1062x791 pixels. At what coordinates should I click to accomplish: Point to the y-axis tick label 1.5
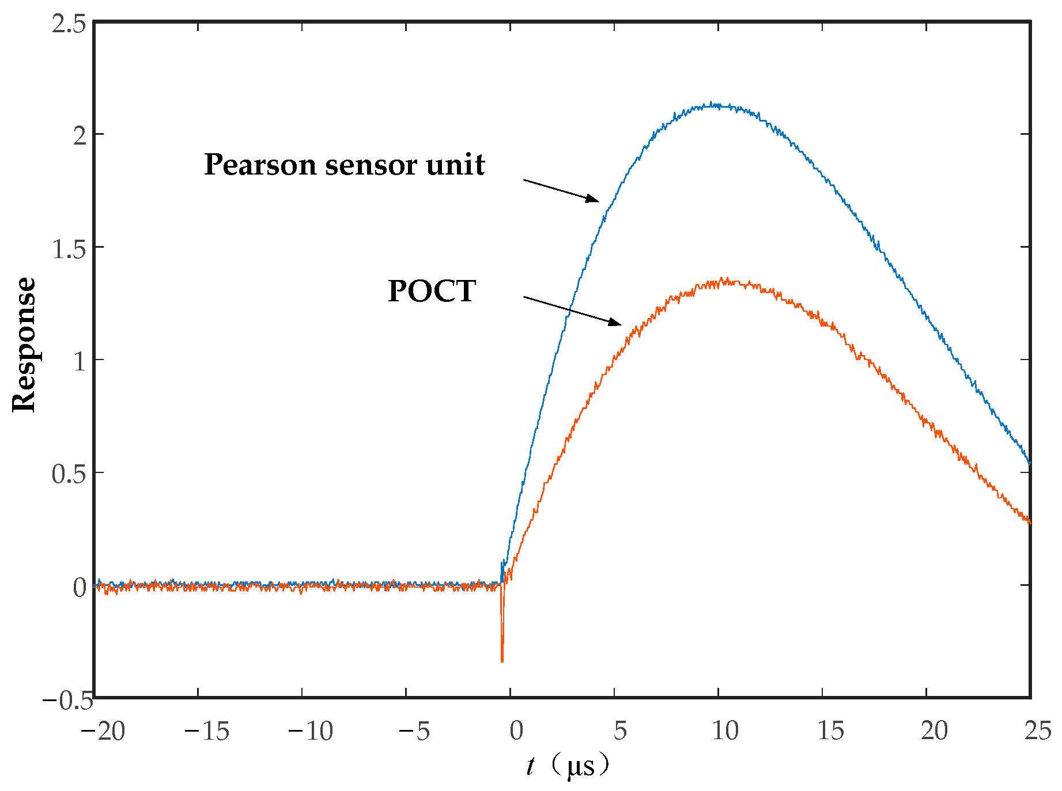point(69,249)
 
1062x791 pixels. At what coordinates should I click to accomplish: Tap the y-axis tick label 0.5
point(69,475)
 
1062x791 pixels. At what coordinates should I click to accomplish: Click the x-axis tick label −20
point(103,731)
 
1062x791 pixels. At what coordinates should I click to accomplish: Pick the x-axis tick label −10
point(311,731)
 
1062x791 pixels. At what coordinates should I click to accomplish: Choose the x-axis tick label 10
point(724,731)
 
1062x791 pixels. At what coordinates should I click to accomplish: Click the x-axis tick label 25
point(1037,731)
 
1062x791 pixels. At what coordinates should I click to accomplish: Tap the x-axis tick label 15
point(830,731)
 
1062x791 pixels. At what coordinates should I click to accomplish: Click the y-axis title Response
point(24,345)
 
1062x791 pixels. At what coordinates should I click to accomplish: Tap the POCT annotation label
point(432,291)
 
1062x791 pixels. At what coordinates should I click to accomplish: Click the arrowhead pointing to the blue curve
point(594,199)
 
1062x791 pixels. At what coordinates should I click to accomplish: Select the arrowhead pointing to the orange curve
point(616,323)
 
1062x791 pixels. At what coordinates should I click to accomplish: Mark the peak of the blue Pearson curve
point(712,104)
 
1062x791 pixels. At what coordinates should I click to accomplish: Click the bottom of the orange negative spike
point(502,661)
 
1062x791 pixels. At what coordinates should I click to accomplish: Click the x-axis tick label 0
point(516,731)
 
